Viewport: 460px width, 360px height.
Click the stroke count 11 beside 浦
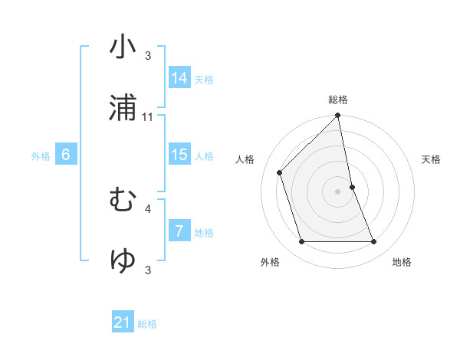148,116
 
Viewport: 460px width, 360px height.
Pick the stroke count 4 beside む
148,208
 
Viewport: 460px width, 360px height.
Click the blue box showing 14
179,78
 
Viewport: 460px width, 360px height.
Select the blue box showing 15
179,155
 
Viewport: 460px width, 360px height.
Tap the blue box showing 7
179,231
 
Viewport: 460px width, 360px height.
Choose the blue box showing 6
66,155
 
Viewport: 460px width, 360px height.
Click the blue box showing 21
123,322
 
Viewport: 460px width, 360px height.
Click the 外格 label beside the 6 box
41,156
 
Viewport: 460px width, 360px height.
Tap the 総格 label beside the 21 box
147,324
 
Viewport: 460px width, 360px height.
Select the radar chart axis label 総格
338,100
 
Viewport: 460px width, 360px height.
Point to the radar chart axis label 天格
431,159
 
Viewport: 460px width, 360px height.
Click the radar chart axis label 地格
402,262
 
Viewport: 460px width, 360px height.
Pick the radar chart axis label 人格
245,159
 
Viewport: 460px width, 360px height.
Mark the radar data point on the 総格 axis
338,116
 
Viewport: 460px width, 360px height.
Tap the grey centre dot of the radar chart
338,191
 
